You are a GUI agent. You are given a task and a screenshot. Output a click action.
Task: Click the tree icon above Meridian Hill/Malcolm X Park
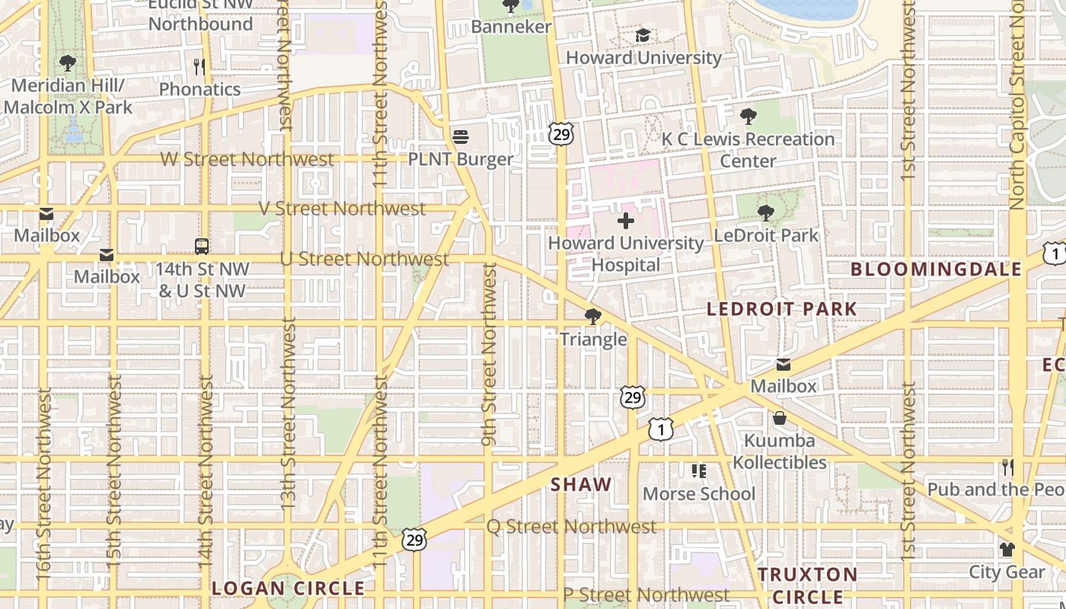68,63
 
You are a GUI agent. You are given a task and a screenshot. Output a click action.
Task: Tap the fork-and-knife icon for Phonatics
199,67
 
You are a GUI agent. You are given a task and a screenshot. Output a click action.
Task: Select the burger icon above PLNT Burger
461,137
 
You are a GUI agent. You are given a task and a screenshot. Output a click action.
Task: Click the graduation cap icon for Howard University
643,36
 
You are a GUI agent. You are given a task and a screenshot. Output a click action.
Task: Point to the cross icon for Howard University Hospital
626,222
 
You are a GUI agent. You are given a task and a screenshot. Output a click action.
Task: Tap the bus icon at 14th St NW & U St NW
202,247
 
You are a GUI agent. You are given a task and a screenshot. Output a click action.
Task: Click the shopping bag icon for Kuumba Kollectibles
780,418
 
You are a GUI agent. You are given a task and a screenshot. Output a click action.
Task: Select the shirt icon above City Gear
1007,549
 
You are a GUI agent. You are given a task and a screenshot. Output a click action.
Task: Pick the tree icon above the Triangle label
593,317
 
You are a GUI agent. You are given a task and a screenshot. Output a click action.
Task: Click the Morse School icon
698,471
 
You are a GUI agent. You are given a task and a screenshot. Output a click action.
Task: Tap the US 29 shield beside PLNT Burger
561,135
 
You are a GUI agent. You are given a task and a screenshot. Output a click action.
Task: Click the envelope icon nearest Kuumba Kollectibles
784,365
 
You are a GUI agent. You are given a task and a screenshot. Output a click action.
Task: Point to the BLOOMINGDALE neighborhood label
936,269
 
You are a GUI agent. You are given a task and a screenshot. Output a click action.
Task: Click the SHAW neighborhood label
581,484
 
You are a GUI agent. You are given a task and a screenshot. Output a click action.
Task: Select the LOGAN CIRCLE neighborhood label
288,588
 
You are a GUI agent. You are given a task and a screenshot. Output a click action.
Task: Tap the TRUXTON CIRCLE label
808,585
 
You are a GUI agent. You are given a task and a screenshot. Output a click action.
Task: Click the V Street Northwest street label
342,209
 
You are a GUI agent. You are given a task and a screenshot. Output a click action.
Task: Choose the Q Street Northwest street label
571,527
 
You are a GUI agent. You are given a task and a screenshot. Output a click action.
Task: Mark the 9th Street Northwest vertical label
489,354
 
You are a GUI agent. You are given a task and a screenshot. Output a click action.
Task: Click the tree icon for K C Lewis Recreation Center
748,116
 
